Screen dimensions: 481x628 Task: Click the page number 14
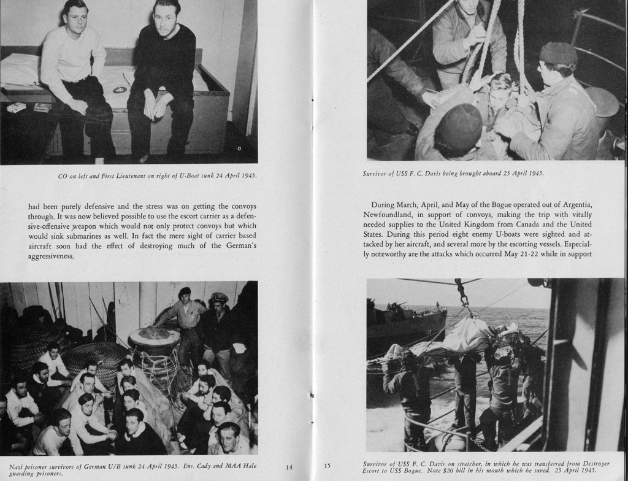tap(289, 468)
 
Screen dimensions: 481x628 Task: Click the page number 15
tap(327, 466)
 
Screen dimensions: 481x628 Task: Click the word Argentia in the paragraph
tap(575, 204)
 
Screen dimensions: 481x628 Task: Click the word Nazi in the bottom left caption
tap(16, 467)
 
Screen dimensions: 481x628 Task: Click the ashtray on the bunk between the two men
tap(120, 90)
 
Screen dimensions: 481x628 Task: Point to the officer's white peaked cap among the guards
tap(218, 298)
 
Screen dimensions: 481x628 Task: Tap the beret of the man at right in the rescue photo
tap(557, 53)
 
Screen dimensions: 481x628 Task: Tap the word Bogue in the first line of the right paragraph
tap(475, 204)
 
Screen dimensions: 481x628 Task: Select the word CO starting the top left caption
tap(63, 176)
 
